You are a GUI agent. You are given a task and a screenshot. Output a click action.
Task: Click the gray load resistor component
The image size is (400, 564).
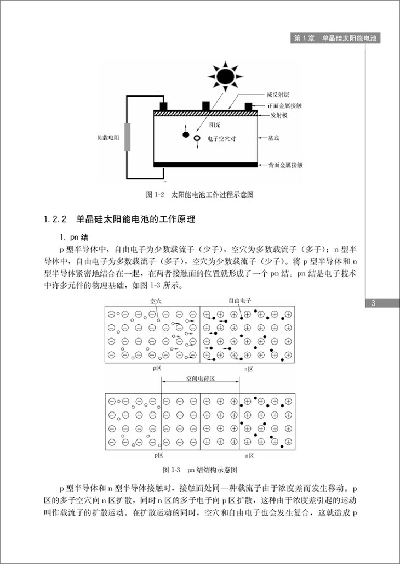point(128,137)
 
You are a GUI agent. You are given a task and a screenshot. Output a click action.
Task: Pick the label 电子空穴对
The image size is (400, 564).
point(222,139)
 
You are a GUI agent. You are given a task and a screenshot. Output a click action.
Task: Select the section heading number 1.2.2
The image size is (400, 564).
point(55,220)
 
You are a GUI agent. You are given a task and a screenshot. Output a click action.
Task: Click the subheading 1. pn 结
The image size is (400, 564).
point(74,236)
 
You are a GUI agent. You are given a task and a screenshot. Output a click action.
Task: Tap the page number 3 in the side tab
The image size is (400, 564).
point(373,303)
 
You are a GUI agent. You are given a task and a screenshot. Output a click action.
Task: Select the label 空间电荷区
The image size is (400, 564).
point(200,379)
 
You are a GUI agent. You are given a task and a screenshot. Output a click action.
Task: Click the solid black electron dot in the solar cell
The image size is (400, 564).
point(185,134)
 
